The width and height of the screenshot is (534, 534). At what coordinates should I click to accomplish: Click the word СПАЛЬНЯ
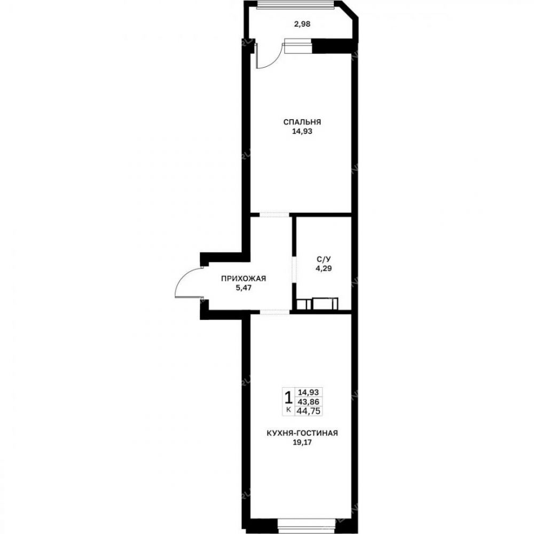[x=302, y=122]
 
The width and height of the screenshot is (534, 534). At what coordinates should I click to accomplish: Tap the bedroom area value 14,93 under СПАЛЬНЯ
[x=302, y=131]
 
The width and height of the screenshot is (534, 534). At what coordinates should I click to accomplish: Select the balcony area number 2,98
[x=302, y=24]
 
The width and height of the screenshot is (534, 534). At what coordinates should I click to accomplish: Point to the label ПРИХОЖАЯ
[x=244, y=279]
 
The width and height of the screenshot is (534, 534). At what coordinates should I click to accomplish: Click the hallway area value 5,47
[x=244, y=288]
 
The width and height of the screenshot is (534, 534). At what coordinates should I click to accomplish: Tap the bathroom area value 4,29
[x=324, y=269]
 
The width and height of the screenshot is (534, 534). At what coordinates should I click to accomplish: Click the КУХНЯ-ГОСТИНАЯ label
[x=302, y=433]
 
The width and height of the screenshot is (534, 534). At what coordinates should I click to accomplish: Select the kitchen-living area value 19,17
[x=302, y=443]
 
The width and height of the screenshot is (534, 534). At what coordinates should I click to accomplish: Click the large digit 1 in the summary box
[x=288, y=397]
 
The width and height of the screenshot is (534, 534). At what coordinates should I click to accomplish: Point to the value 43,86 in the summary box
[x=309, y=402]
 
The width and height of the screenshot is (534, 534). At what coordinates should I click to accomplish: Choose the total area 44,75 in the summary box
[x=309, y=411]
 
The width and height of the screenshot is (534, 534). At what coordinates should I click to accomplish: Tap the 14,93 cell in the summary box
[x=309, y=392]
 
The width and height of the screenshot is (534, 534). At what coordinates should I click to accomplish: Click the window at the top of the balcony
[x=295, y=5]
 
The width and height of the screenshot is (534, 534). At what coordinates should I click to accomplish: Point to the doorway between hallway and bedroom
[x=274, y=215]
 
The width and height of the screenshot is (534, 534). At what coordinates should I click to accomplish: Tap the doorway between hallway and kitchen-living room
[x=274, y=312]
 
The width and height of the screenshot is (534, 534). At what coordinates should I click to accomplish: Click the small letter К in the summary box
[x=289, y=410]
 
